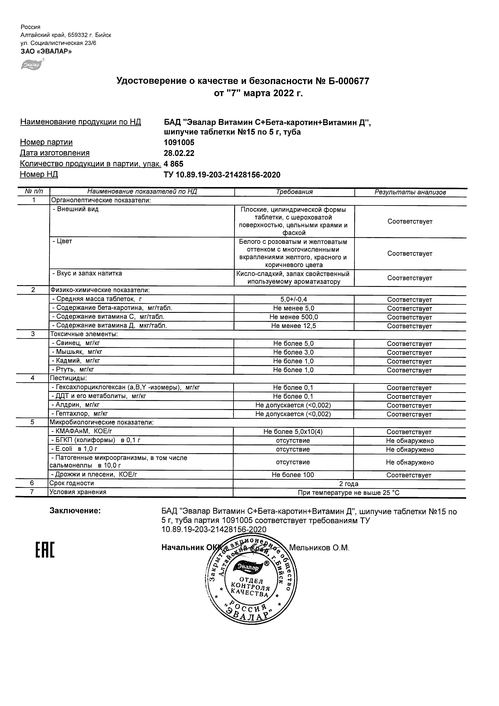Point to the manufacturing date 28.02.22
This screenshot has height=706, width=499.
pyautogui.click(x=179, y=153)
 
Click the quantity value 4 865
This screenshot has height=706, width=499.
pyautogui.click(x=174, y=164)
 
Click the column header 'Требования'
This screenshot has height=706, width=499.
pyautogui.click(x=294, y=192)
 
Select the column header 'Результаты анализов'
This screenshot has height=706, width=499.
pyautogui.click(x=410, y=192)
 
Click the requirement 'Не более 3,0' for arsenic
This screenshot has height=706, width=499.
pyautogui.click(x=293, y=352)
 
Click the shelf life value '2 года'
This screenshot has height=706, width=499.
pyautogui.click(x=349, y=484)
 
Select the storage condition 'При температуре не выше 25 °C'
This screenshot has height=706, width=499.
pyautogui.click(x=349, y=493)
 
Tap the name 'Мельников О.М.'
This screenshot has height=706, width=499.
pyautogui.click(x=319, y=548)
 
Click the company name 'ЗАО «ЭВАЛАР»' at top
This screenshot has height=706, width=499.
pyautogui.click(x=46, y=51)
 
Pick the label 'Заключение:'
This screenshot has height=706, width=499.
pyautogui.click(x=75, y=511)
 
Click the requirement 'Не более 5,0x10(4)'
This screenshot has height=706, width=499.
pyautogui.click(x=293, y=432)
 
